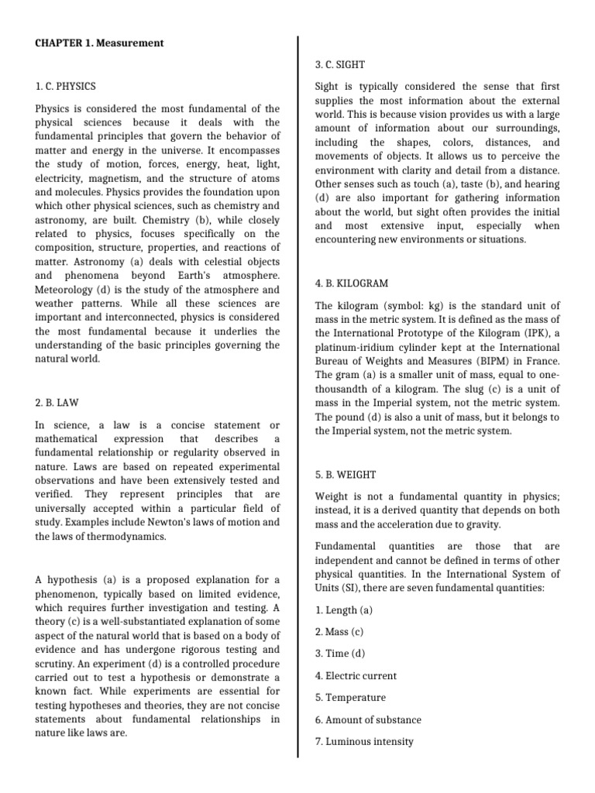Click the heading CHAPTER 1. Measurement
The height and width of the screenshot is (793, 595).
(x=99, y=43)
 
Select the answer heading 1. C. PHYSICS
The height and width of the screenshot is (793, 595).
(x=66, y=86)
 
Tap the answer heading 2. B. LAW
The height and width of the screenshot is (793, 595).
(x=57, y=403)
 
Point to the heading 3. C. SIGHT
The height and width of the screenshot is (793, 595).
(x=340, y=64)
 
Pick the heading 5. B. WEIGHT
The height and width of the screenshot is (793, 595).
(x=346, y=473)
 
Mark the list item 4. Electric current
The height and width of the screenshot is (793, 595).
(x=356, y=675)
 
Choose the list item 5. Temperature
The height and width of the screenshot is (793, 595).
(x=349, y=697)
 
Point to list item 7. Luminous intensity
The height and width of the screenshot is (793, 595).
(x=364, y=741)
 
